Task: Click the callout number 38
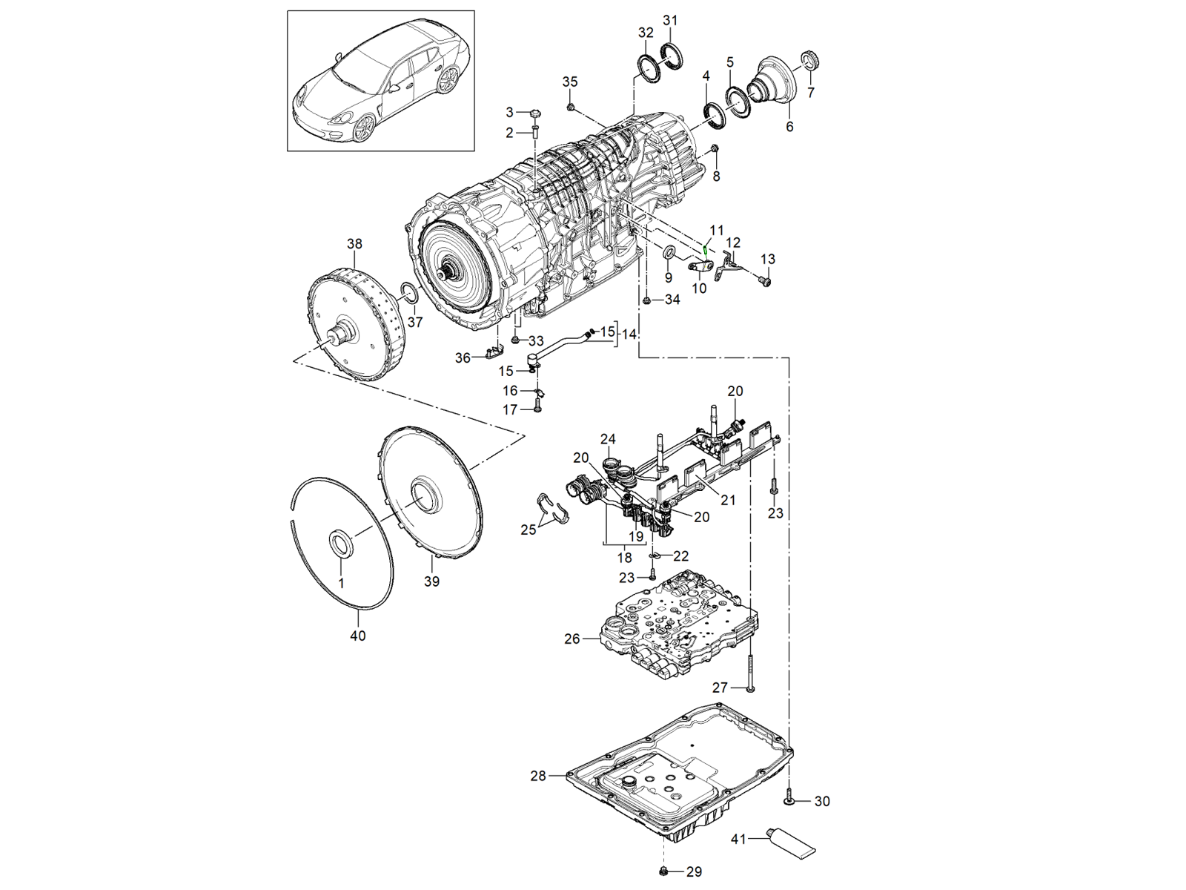(354, 243)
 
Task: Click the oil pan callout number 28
(538, 776)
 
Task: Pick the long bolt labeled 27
(751, 667)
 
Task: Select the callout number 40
(357, 636)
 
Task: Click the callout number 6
(789, 127)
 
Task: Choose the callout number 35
(569, 82)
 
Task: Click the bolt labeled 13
(765, 281)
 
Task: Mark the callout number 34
(672, 300)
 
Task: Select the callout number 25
(528, 530)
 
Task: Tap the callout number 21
(728, 500)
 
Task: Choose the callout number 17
(510, 409)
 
